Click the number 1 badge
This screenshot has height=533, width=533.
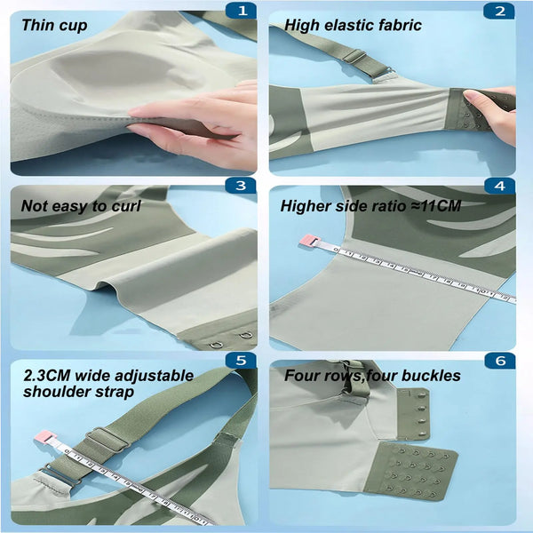click(242, 11)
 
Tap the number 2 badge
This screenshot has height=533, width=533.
click(499, 12)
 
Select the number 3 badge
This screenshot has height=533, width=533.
click(241, 186)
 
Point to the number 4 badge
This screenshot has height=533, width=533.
click(499, 186)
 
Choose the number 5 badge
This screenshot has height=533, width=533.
click(241, 361)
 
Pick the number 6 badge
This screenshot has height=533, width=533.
click(500, 361)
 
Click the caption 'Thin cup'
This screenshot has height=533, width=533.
click(54, 26)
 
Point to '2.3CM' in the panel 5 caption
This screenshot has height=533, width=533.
click(46, 376)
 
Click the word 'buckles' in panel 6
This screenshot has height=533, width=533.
click(431, 376)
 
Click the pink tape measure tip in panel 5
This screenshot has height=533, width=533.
click(44, 437)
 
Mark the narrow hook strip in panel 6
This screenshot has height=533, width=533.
click(414, 414)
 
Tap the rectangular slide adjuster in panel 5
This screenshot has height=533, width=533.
click(107, 442)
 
